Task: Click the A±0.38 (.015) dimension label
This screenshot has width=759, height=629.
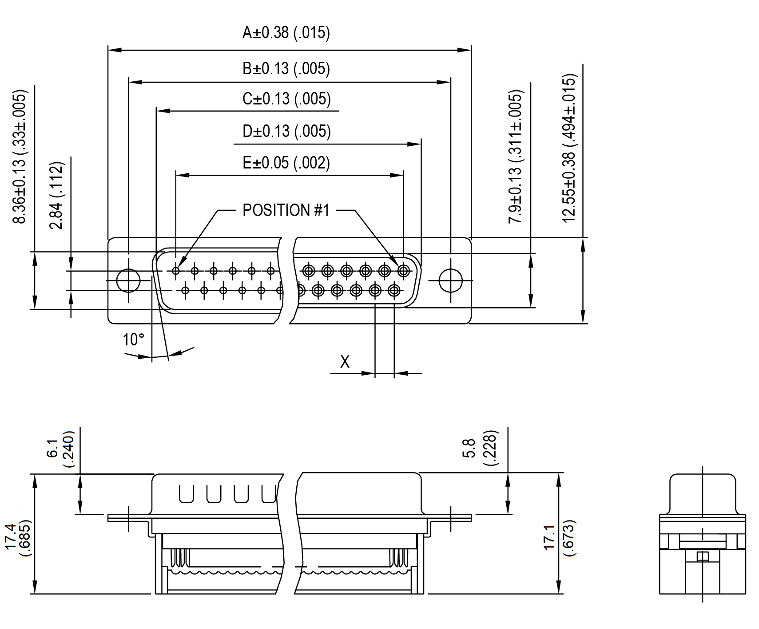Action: (x=286, y=33)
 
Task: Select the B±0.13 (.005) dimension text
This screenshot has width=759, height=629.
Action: (x=286, y=69)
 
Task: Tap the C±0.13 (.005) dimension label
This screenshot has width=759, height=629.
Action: (x=286, y=99)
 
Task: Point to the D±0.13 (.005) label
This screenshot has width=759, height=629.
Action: (x=286, y=132)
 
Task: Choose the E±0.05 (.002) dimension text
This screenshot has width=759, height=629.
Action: (x=286, y=163)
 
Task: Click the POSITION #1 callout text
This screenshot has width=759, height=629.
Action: (x=286, y=210)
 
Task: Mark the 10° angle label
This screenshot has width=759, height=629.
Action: (x=133, y=340)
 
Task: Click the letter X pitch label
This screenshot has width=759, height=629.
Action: (x=345, y=362)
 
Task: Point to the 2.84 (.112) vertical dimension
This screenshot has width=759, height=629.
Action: (x=57, y=196)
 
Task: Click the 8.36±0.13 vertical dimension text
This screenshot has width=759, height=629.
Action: (x=20, y=158)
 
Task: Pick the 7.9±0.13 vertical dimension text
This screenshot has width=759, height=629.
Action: (x=516, y=158)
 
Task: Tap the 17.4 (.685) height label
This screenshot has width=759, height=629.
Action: (x=17, y=537)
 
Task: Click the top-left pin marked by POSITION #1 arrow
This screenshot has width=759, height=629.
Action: (x=176, y=270)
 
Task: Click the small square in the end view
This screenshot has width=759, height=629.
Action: (x=703, y=557)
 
